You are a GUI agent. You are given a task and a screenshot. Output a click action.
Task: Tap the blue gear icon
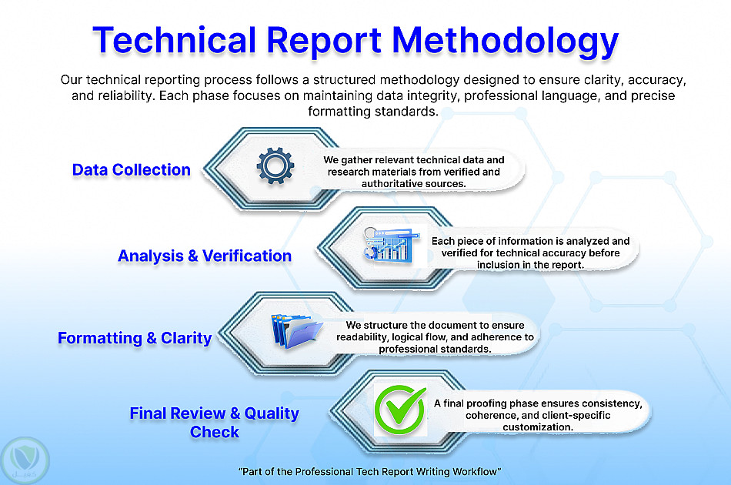point(275,166)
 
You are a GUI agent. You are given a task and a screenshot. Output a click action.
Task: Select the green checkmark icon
point(400,410)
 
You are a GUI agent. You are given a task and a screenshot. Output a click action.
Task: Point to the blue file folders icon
point(296,331)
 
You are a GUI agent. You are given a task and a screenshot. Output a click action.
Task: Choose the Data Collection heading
point(132,169)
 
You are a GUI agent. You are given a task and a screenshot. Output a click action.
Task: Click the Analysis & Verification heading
point(205,256)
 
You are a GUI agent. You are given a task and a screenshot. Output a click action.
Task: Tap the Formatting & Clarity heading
point(135,338)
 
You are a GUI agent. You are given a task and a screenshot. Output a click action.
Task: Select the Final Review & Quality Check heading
point(215,423)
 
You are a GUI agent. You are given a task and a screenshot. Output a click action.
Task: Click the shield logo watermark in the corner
point(25,460)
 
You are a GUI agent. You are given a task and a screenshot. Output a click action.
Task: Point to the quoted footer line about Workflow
point(369,471)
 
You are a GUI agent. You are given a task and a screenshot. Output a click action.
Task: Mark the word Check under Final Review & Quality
point(215,433)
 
